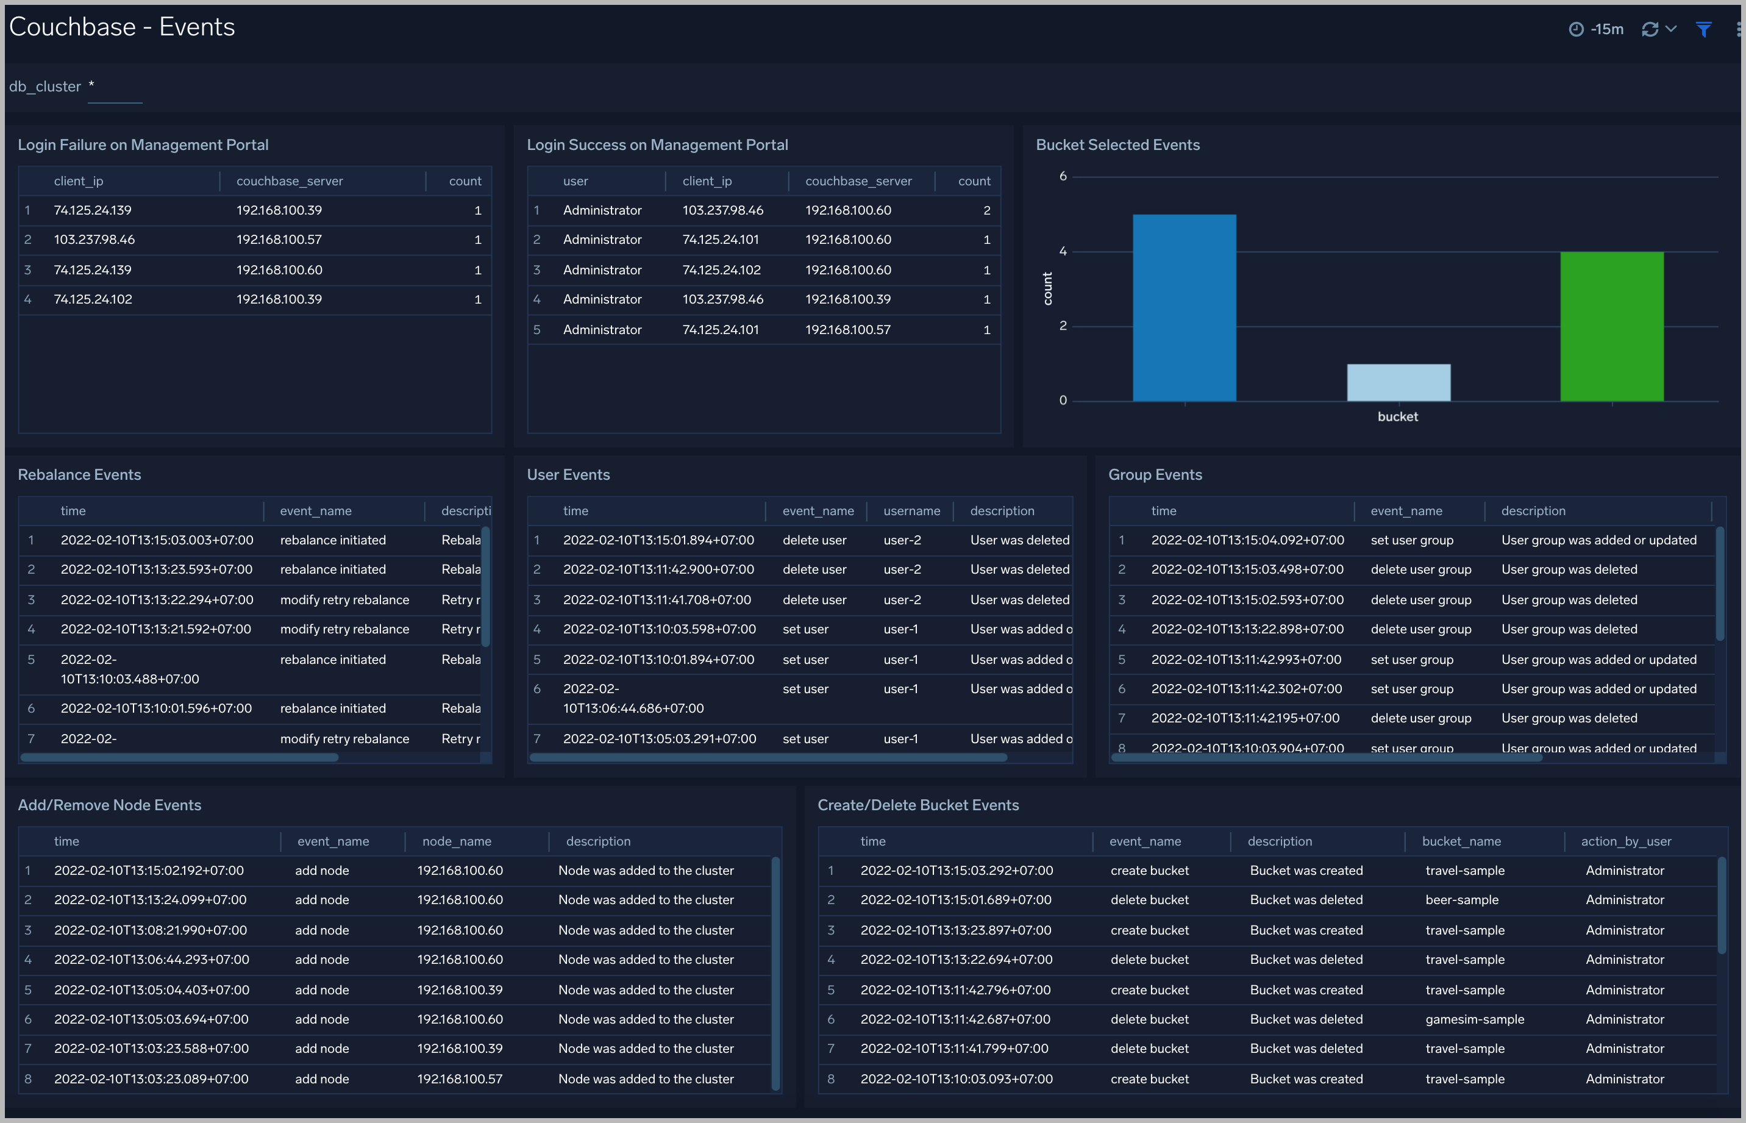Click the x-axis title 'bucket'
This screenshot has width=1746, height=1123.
[x=1397, y=416]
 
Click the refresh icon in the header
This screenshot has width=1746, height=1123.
[x=1650, y=29]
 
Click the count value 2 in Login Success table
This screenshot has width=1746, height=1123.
[x=986, y=210]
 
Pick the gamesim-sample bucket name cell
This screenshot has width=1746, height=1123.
[x=1474, y=1019]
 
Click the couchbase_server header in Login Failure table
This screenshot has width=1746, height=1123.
[x=289, y=181]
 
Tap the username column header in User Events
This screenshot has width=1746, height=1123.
[x=911, y=510]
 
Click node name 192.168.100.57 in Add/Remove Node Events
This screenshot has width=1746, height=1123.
[x=459, y=1078]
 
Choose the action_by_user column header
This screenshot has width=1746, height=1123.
[x=1626, y=841]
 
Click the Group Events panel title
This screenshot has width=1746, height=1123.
[x=1155, y=475]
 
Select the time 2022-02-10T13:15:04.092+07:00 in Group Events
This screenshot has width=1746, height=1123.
[x=1247, y=540]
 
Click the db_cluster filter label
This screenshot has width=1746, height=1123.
[x=45, y=86]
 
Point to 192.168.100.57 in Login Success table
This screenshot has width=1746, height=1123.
[x=847, y=330]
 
